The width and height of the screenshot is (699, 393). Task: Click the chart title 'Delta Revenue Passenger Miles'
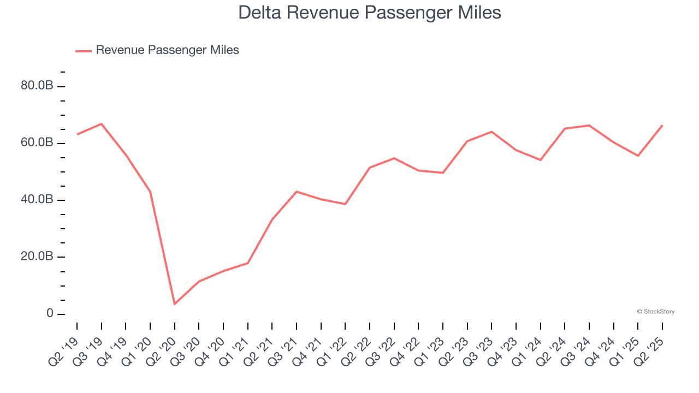(x=370, y=13)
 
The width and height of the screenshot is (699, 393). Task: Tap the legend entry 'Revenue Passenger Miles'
(x=167, y=50)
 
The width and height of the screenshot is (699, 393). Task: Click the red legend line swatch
(x=84, y=51)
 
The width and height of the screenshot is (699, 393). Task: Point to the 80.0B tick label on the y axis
(x=37, y=86)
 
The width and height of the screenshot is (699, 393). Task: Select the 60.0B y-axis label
(x=37, y=143)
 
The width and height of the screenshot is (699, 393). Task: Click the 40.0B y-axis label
(x=37, y=200)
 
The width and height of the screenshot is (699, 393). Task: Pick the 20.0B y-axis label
(x=37, y=257)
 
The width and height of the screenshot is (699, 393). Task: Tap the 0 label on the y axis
(x=50, y=314)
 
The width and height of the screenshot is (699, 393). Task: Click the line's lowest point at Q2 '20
(x=175, y=304)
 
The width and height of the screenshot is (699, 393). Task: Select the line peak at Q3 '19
(x=102, y=124)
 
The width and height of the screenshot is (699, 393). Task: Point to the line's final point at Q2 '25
(x=662, y=126)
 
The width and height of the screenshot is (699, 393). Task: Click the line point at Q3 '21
(x=297, y=192)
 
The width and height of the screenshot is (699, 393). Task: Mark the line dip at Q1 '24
(x=541, y=160)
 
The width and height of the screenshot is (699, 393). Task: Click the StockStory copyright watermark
(x=655, y=312)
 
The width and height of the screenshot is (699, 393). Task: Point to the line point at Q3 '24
(x=589, y=126)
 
